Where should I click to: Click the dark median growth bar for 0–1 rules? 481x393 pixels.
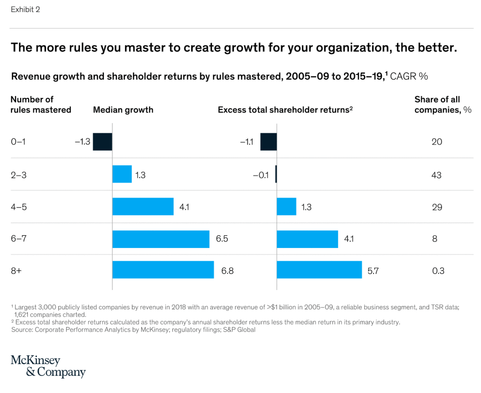102,142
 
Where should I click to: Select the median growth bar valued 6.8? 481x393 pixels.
163,270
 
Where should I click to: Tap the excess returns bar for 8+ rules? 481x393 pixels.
319,270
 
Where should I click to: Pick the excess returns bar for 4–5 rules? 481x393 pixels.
287,206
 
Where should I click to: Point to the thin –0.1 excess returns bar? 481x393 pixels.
276,175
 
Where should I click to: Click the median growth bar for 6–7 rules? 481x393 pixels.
161,239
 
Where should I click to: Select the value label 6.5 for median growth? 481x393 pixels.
222,239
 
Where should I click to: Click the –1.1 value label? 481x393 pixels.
247,142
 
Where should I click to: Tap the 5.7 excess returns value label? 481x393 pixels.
373,271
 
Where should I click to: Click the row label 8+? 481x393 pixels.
16,271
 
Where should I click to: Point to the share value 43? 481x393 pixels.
437,175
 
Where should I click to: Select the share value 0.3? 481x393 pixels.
438,271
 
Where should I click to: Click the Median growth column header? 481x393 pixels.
123,110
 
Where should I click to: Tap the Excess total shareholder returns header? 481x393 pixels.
285,110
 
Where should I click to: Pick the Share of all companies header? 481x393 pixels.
443,105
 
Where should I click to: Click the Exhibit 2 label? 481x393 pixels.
25,10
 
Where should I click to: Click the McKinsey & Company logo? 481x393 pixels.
48,366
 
